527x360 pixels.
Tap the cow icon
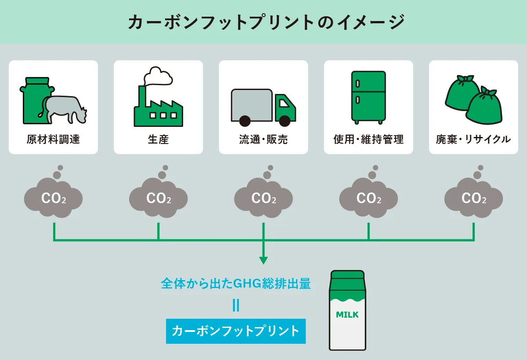tap(64, 108)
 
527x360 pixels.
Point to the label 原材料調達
tap(53, 140)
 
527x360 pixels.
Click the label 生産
tap(158, 140)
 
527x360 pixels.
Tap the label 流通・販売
tap(263, 140)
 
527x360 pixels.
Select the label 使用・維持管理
tap(368, 140)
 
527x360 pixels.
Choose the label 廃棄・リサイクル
tap(473, 140)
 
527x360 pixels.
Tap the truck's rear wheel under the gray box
tap(245, 120)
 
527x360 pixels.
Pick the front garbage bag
tap(484, 108)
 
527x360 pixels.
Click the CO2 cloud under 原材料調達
tap(54, 198)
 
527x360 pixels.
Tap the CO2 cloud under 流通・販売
tap(263, 198)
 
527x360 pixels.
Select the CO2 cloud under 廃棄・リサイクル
tap(474, 198)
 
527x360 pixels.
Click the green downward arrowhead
tap(263, 260)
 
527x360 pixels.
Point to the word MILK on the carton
tap(347, 315)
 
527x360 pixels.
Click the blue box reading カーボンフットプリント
tap(236, 331)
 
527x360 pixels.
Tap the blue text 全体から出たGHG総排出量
tap(236, 284)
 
